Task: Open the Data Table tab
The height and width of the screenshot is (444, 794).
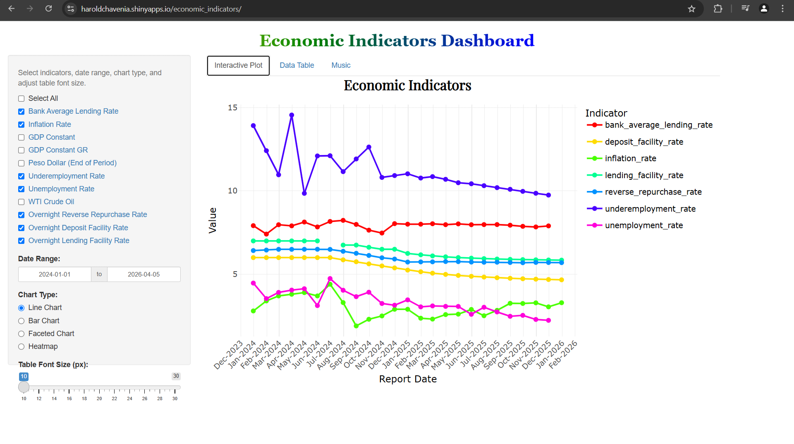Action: [297, 65]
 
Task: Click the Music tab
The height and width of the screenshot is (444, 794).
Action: [341, 65]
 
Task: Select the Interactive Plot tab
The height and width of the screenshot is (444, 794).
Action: [238, 65]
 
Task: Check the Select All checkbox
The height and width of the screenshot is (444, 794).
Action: [22, 98]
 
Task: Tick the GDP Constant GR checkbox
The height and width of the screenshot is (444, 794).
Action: [22, 150]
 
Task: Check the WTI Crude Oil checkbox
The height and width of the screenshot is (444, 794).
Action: [22, 202]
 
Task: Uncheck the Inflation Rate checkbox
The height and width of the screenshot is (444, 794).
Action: [22, 124]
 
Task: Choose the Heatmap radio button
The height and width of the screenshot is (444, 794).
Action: [22, 347]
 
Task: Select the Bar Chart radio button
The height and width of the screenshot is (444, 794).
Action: [22, 321]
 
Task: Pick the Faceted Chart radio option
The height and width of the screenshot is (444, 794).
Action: [22, 334]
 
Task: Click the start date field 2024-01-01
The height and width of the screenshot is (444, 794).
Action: [55, 275]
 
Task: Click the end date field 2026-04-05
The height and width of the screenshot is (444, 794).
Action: [143, 275]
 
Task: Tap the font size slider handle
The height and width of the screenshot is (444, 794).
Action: [24, 387]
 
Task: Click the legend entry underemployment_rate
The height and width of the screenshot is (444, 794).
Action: [650, 209]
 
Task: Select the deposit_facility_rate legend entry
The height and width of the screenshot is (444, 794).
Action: [643, 142]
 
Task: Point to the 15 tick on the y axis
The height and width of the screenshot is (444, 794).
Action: [232, 107]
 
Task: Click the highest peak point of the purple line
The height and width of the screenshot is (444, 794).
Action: [292, 115]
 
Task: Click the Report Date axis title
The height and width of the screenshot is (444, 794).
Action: [408, 379]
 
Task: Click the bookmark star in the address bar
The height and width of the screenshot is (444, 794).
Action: [691, 9]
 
